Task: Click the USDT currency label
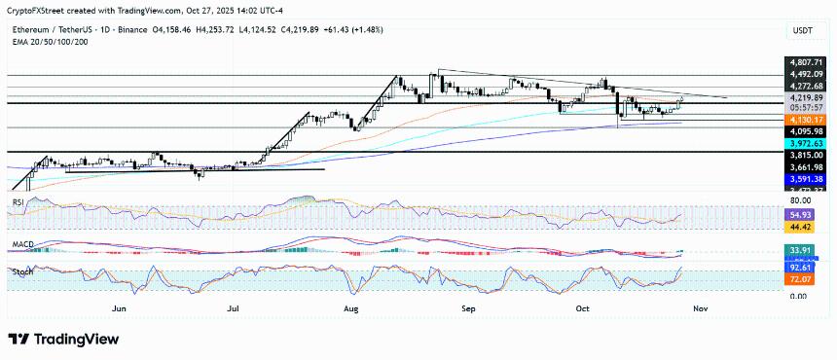click(x=802, y=32)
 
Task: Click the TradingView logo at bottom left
click(x=62, y=339)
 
